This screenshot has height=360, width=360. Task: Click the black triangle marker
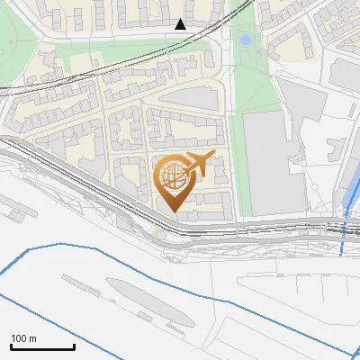coord(181,24)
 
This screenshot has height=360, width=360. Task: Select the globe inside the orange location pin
coord(172,174)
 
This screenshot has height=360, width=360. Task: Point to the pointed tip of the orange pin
coord(172,211)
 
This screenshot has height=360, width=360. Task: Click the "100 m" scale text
coord(23,338)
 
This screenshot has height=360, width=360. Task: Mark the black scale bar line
coord(42,346)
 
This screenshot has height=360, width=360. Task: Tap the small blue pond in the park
coord(245,40)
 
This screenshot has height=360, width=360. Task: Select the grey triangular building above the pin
coord(189,98)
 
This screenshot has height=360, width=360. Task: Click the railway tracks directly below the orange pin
coord(172,225)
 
